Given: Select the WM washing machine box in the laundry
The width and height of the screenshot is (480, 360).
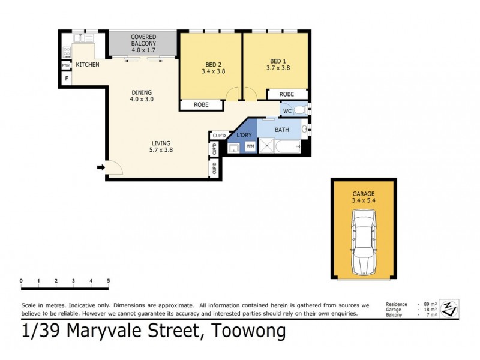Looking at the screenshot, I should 250,146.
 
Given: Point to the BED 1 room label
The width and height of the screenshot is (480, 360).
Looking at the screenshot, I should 278,61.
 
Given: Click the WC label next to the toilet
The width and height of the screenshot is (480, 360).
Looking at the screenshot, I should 287,111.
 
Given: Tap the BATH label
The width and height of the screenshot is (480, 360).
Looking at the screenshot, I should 282,130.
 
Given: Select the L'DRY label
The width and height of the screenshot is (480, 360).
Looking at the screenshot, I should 244,135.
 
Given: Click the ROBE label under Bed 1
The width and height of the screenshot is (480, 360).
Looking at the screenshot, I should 287,94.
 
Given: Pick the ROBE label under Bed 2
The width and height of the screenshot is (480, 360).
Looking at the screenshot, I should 201,104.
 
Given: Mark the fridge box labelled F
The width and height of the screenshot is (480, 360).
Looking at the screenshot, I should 66,78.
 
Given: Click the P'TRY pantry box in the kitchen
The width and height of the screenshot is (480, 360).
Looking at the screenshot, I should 66,65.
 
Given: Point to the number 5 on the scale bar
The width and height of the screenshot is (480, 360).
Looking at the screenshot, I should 109,281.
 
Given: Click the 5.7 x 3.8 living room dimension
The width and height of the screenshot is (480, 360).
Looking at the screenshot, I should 162,150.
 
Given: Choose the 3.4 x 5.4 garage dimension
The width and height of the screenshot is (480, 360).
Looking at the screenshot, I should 364,201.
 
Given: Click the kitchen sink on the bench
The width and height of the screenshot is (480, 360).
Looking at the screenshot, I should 81,38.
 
